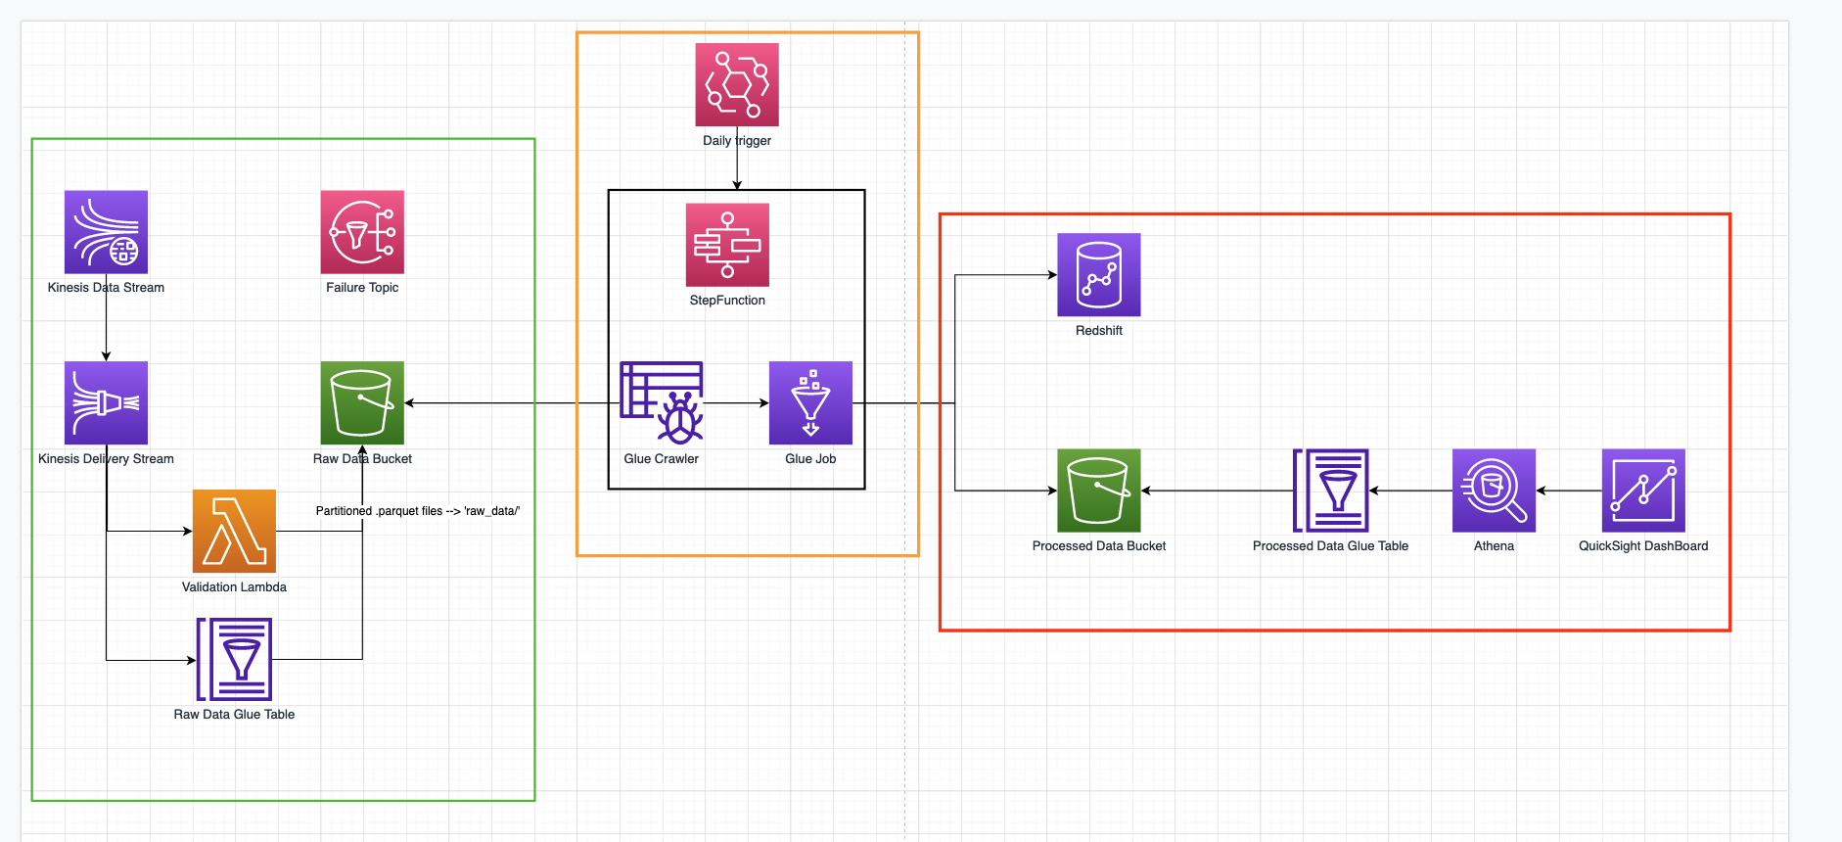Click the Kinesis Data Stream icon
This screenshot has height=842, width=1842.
pyautogui.click(x=106, y=232)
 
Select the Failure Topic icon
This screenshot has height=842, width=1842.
pyautogui.click(x=362, y=232)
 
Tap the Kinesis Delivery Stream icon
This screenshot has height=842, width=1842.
pyautogui.click(x=106, y=402)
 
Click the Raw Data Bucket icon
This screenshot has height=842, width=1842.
pyautogui.click(x=362, y=402)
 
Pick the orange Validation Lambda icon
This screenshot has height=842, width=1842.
pyautogui.click(x=234, y=531)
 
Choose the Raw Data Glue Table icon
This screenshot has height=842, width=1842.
pyautogui.click(x=234, y=659)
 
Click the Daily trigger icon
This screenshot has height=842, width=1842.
pyautogui.click(x=737, y=84)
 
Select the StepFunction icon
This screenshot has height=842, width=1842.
pyautogui.click(x=727, y=245)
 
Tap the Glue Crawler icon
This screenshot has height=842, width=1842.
pyautogui.click(x=662, y=402)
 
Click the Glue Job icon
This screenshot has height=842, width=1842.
pyautogui.click(x=810, y=402)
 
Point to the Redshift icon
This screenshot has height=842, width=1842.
pyautogui.click(x=1098, y=274)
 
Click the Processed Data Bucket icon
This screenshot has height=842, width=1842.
pyautogui.click(x=1098, y=491)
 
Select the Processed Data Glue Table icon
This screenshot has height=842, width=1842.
pyautogui.click(x=1331, y=491)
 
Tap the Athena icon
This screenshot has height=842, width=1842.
pyautogui.click(x=1494, y=491)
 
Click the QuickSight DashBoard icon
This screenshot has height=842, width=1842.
pyautogui.click(x=1643, y=491)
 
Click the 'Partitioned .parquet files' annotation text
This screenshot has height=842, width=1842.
pyautogui.click(x=418, y=511)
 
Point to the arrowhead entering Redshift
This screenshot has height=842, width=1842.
pyautogui.click(x=1052, y=275)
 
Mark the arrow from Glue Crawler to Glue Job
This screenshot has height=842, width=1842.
pyautogui.click(x=736, y=402)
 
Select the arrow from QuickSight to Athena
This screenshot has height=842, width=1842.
pyautogui.click(x=1569, y=491)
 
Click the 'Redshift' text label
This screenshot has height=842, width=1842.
pyautogui.click(x=1098, y=331)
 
